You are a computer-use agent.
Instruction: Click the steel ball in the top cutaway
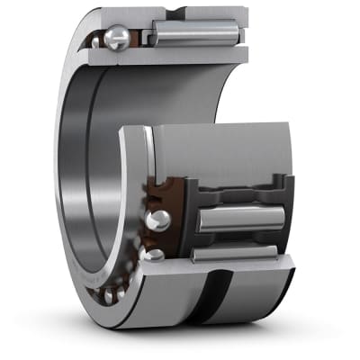point(116,39)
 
